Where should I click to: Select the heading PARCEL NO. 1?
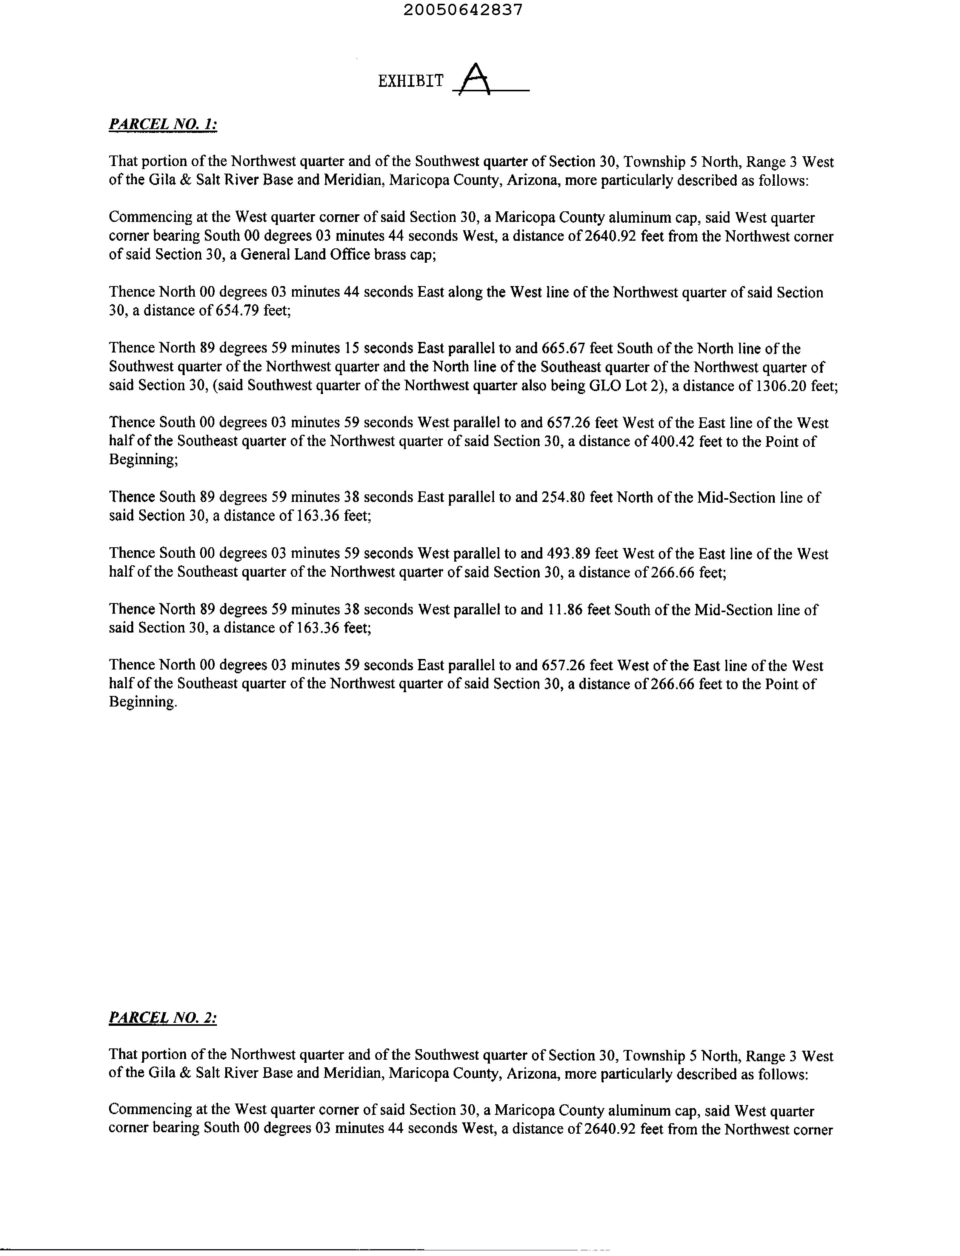(x=163, y=124)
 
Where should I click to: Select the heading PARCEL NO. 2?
(x=163, y=1018)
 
